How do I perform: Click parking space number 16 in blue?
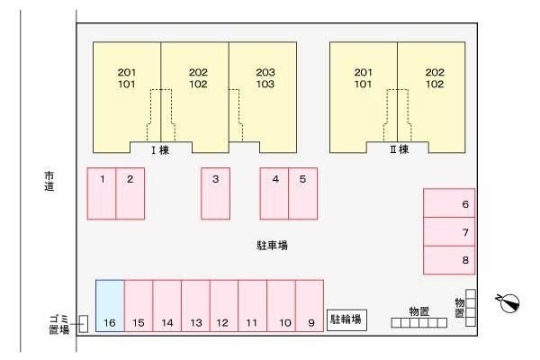[x=110, y=306]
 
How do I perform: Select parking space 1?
[x=102, y=193]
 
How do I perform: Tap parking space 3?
[x=215, y=193]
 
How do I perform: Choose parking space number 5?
[x=302, y=193]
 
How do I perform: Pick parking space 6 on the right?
[x=449, y=203]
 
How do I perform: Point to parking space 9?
[x=310, y=306]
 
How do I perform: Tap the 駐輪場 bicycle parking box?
[x=346, y=319]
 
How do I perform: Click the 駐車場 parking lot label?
[x=271, y=245]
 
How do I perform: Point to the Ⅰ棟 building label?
[x=159, y=150]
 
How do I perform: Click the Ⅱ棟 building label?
[x=399, y=150]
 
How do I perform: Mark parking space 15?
[x=139, y=306]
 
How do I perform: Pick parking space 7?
[x=449, y=231]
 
